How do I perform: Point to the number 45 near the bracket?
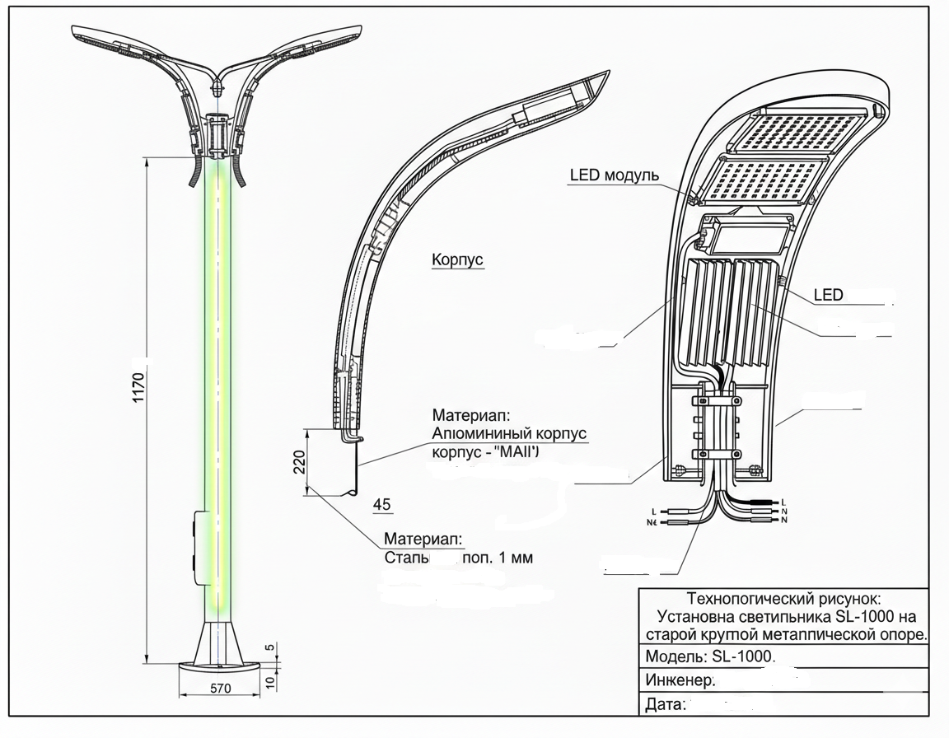pos(382,504)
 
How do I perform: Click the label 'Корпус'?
pos(457,260)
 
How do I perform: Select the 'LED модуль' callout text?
pos(614,175)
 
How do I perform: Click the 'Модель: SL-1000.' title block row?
pos(710,656)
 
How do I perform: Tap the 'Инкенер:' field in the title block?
pos(680,680)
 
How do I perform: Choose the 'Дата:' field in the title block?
pos(666,704)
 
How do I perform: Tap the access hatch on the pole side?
pos(198,548)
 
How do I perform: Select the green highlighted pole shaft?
pos(218,371)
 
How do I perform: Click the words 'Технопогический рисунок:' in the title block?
pos(783,599)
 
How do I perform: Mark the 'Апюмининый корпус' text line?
pos(511,433)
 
